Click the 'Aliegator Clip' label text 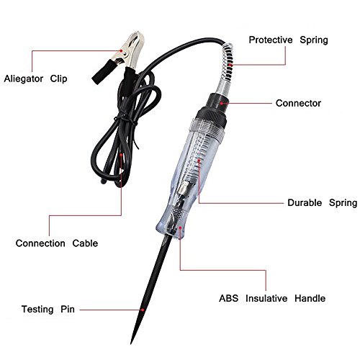click(35, 79)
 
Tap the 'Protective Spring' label click(288, 40)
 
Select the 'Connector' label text click(298, 103)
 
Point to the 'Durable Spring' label click(323, 203)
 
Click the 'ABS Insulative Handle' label click(272, 298)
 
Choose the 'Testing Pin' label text click(48, 310)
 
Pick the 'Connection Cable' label click(57, 243)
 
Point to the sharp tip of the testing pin click(131, 343)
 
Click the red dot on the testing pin click(143, 310)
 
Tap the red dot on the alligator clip click(122, 51)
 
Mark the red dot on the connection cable click(122, 155)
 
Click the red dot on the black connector click(222, 103)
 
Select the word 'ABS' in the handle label click(228, 298)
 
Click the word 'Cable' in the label click(85, 243)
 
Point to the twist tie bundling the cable click(126, 120)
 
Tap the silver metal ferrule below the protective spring click(222, 87)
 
